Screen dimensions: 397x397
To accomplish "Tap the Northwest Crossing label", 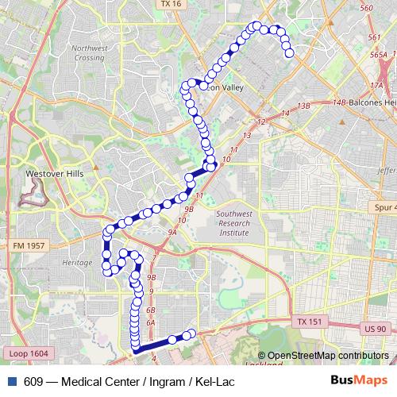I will coord(88,53).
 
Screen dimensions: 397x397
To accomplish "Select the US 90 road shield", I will coord(376,329).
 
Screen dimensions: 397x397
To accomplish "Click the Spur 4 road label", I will coord(384,207).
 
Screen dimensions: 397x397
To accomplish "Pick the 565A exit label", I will coord(376,55).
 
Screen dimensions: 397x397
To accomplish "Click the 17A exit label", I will coord(376,84).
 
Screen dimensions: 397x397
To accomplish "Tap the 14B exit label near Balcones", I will coord(340,102).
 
